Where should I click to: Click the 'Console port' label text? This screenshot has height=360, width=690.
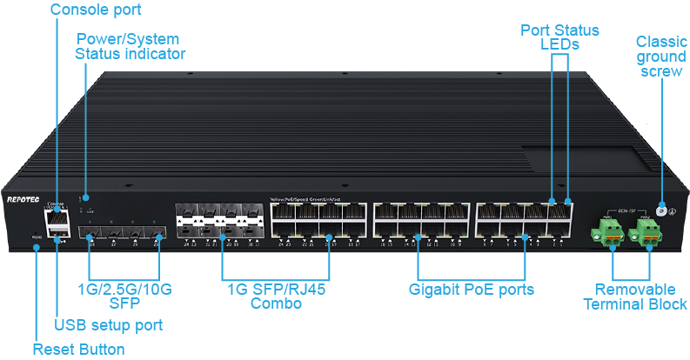coord(95,10)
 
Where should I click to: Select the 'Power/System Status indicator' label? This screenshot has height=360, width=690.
coord(131,46)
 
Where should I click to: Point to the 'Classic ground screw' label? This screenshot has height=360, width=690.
coord(661,57)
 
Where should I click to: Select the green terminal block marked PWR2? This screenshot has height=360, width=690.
coord(647,230)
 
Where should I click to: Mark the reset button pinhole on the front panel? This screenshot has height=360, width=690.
coord(36,248)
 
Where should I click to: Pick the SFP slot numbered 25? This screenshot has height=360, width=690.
coord(157,234)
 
